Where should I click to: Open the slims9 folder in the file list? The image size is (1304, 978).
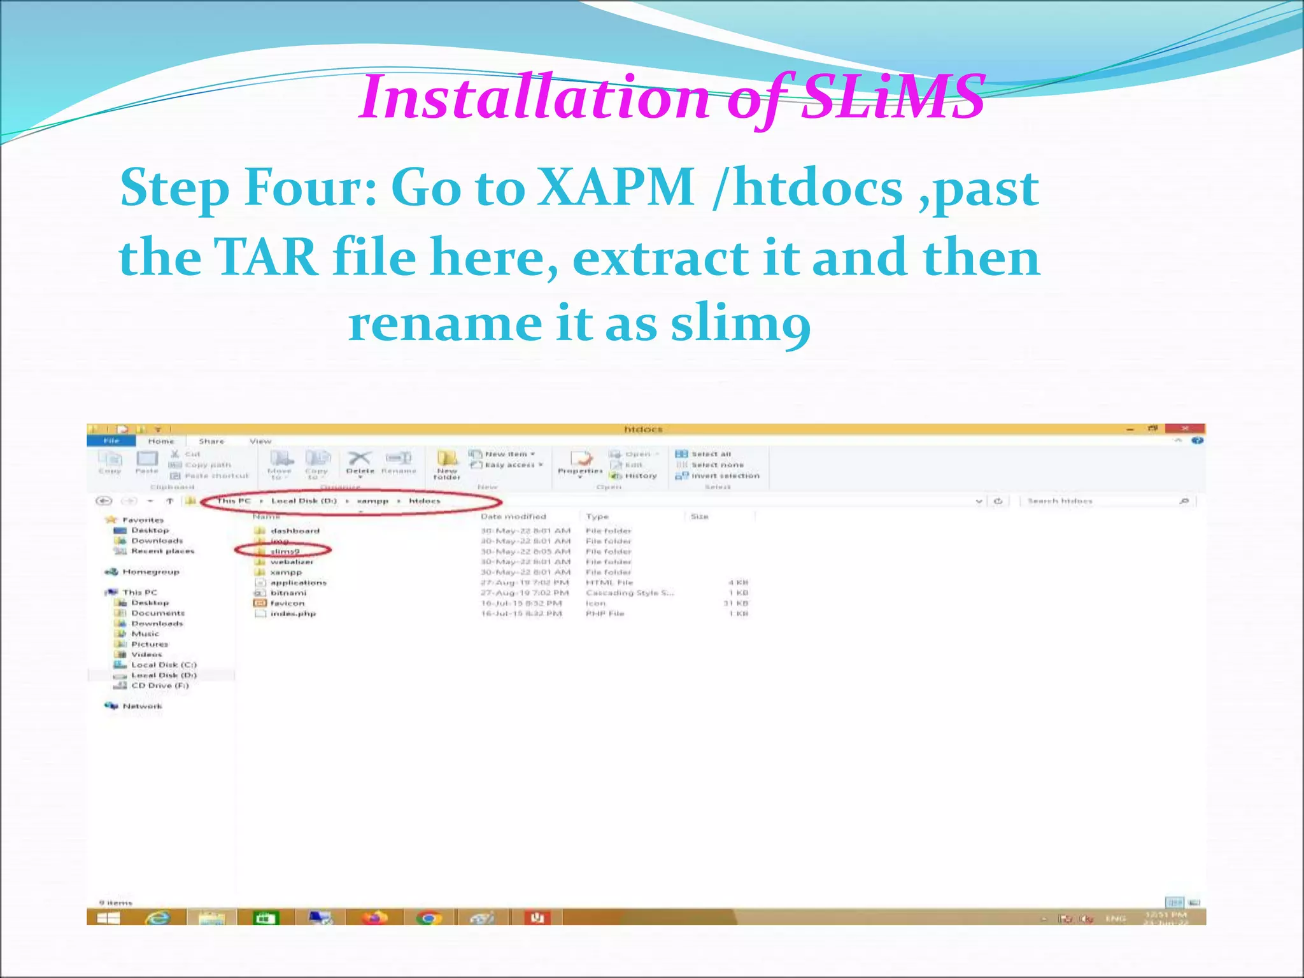pyautogui.click(x=285, y=551)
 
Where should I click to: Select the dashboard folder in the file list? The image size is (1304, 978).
pyautogui.click(x=294, y=531)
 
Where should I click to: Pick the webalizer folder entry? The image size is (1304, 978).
pyautogui.click(x=292, y=562)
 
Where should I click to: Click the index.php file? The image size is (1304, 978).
pyautogui.click(x=292, y=614)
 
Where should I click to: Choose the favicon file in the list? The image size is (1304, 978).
pyautogui.click(x=287, y=604)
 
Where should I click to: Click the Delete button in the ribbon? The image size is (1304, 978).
pyautogui.click(x=360, y=462)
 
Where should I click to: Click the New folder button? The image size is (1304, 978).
pyautogui.click(x=447, y=464)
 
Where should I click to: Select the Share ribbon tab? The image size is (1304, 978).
pyautogui.click(x=211, y=441)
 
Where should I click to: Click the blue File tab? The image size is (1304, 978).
pyautogui.click(x=111, y=441)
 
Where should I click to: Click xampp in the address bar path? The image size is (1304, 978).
pyautogui.click(x=373, y=501)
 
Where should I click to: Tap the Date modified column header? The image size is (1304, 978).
pyautogui.click(x=513, y=516)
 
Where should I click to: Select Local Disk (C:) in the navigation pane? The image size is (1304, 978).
pyautogui.click(x=164, y=665)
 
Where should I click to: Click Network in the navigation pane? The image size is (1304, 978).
pyautogui.click(x=142, y=706)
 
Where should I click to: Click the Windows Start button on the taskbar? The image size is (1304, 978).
pyautogui.click(x=109, y=918)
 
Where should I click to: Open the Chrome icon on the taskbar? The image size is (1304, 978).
pyautogui.click(x=429, y=918)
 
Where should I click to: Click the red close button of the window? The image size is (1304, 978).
pyautogui.click(x=1184, y=429)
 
